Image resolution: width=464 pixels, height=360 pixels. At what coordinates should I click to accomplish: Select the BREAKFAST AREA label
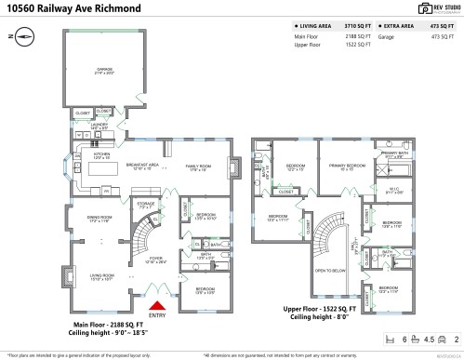click(x=143, y=165)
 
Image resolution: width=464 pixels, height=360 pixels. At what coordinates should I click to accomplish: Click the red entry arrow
click(x=158, y=304)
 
